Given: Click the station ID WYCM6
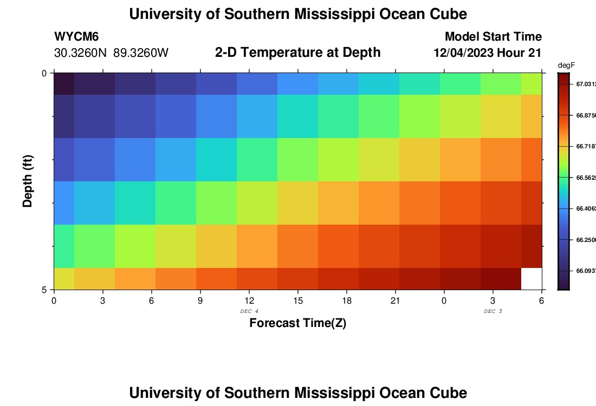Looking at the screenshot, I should coord(76,37).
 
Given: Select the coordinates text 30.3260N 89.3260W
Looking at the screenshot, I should coord(112,53).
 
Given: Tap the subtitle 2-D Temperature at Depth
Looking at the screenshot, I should coord(297,53).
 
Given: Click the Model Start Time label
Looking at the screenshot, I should coord(493,37).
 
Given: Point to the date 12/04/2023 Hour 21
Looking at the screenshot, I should coord(488,53).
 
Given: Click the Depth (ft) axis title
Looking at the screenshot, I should coord(28,181).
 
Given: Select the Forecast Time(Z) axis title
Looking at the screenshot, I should coord(297,323).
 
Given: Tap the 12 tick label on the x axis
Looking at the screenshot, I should coord(249,300).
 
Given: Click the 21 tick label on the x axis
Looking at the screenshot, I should coord(395,300).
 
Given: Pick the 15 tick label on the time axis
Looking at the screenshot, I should coord(297,300).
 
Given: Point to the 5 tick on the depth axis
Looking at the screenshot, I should coord(44,290).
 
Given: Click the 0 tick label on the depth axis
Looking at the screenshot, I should coord(44,73).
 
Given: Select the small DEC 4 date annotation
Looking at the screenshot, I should coord(249,311).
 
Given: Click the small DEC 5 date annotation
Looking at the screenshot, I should coord(493,311).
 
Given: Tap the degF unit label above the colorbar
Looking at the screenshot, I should coord(566,66).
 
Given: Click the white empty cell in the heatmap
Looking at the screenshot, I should coord(531,278).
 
